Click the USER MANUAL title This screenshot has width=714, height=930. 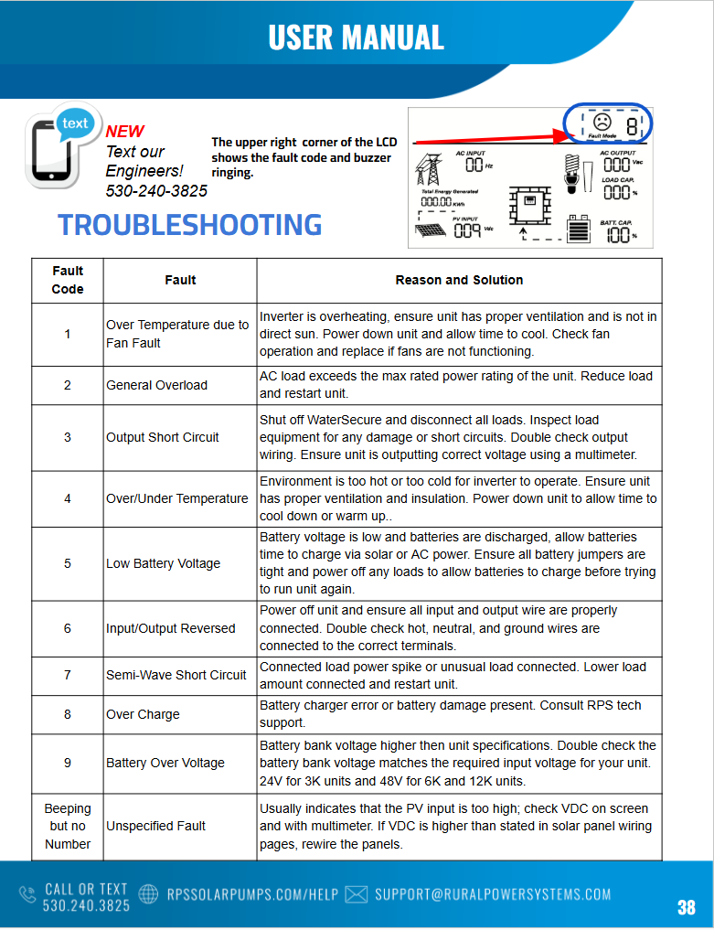(356, 37)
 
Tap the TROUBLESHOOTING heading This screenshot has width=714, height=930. (190, 225)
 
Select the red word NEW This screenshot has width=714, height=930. (125, 131)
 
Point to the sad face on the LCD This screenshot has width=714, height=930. (602, 122)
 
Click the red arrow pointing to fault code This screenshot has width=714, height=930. (495, 137)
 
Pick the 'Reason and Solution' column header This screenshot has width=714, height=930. (459, 280)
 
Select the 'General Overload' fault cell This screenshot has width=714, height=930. (156, 385)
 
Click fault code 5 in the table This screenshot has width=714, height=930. (67, 563)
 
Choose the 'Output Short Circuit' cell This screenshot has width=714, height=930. (163, 437)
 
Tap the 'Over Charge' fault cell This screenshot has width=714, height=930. (143, 714)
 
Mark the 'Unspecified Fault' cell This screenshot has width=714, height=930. (156, 826)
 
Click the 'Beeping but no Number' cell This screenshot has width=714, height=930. (68, 826)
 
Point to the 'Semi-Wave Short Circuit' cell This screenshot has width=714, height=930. (176, 675)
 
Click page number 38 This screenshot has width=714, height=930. (686, 907)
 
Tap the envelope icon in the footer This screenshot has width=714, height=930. (357, 894)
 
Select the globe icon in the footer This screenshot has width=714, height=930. (147, 894)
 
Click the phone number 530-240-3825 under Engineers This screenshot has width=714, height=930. (156, 190)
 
